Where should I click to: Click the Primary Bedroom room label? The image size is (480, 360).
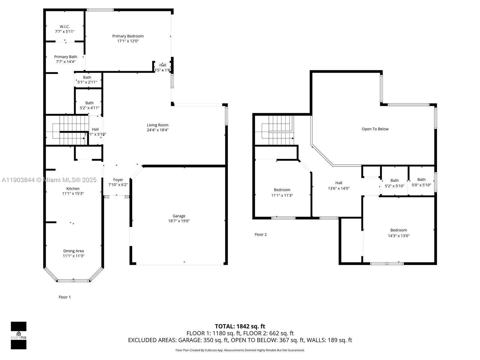pyautogui.click(x=128, y=36)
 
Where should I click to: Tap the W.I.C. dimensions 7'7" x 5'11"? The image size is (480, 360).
pyautogui.click(x=64, y=31)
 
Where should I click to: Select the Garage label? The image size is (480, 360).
pyautogui.click(x=179, y=216)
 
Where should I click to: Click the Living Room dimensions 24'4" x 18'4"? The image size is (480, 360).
pyautogui.click(x=157, y=130)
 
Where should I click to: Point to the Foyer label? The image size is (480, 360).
pyautogui.click(x=118, y=180)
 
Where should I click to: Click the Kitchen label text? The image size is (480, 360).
pyautogui.click(x=73, y=189)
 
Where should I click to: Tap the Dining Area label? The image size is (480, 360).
pyautogui.click(x=73, y=251)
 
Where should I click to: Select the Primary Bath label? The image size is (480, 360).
pyautogui.click(x=66, y=57)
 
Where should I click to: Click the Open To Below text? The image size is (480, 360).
pyautogui.click(x=375, y=129)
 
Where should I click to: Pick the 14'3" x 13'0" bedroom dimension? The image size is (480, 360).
pyautogui.click(x=398, y=236)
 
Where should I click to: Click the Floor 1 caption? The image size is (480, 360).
pyautogui.click(x=64, y=297)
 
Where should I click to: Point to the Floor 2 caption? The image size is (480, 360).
pyautogui.click(x=260, y=235)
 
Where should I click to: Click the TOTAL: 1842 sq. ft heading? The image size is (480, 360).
pyautogui.click(x=240, y=326)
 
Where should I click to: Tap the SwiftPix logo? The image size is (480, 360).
pyautogui.click(x=19, y=335)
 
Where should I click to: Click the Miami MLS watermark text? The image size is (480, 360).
pyautogui.click(x=49, y=180)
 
